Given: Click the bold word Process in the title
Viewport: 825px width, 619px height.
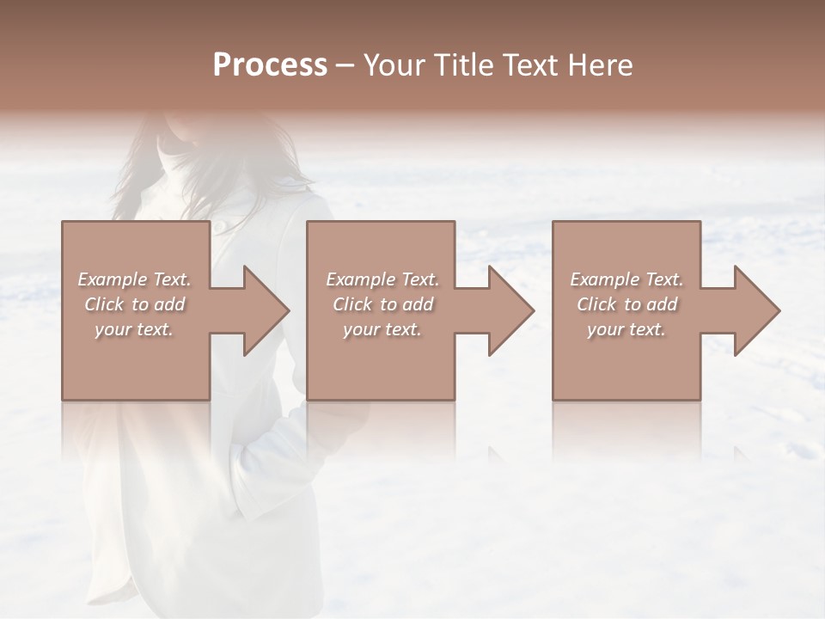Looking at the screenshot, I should [x=270, y=64].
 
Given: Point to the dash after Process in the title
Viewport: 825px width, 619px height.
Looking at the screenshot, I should [x=345, y=66].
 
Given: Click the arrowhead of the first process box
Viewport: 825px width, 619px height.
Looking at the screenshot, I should [x=261, y=310].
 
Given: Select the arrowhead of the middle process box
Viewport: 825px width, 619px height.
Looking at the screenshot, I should [x=506, y=310].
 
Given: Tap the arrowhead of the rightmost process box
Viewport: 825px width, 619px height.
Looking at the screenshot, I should [x=752, y=310].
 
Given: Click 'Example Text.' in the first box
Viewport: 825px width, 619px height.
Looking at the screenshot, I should [x=134, y=279].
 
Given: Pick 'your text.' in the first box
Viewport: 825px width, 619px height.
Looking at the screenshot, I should [x=134, y=329].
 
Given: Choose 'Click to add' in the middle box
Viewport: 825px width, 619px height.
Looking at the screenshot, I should [x=382, y=304].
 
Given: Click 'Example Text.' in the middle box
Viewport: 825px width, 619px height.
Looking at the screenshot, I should [x=382, y=279].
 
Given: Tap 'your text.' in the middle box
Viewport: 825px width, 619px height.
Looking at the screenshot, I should [x=382, y=329].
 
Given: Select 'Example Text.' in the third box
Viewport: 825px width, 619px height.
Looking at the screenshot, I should [x=626, y=279].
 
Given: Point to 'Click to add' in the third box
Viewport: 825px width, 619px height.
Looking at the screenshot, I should [x=626, y=304].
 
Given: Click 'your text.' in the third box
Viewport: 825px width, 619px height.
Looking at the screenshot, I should [x=626, y=329].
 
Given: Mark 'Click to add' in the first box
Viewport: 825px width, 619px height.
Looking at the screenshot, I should [x=134, y=304].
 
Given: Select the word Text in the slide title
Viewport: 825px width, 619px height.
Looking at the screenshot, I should [x=534, y=64].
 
